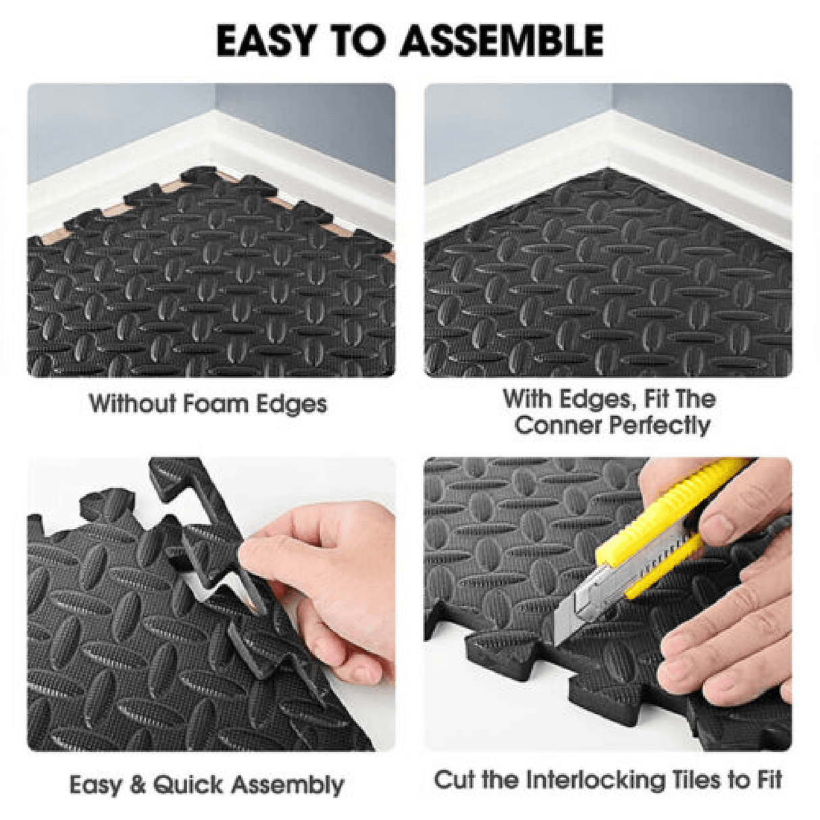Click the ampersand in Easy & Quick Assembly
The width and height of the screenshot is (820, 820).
137,785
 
